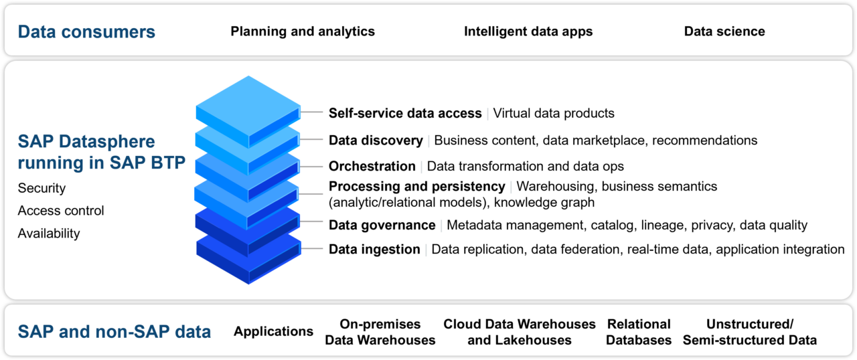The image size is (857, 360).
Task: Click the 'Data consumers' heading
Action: click(86, 31)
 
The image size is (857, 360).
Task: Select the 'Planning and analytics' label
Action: click(303, 31)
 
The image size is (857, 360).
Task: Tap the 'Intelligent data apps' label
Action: click(528, 31)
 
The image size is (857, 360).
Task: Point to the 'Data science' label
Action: click(724, 31)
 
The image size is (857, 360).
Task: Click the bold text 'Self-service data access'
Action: click(405, 113)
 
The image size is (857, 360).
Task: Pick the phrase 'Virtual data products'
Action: click(554, 113)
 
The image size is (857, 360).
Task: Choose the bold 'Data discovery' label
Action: click(376, 141)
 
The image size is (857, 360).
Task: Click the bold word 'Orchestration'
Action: click(372, 166)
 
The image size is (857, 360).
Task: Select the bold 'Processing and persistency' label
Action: click(416, 186)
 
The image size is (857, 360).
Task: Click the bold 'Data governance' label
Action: click(382, 226)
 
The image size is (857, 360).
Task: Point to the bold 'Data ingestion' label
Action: click(374, 250)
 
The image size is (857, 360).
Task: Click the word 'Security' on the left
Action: click(42, 188)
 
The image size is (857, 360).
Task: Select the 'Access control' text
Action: click(61, 211)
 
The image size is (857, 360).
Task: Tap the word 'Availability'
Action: click(49, 234)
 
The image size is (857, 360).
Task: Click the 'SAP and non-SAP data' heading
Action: click(114, 331)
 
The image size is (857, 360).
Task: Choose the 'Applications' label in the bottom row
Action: click(273, 331)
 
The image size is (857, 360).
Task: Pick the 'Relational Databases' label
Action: click(639, 332)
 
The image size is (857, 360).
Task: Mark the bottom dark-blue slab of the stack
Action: click(248, 258)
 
